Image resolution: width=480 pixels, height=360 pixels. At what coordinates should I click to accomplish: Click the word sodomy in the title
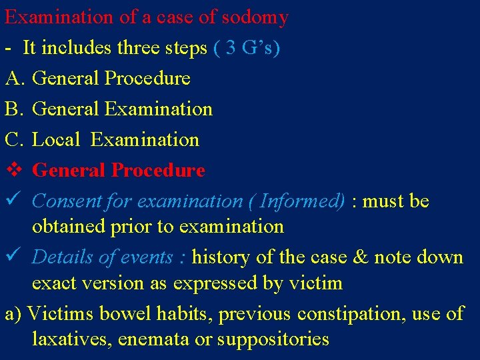pos(255,17)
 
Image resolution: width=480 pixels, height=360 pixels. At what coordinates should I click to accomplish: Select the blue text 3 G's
pos(248,48)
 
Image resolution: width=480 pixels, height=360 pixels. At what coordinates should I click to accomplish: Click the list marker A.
pos(14,79)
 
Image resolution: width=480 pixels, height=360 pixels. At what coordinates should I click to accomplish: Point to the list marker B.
pos(13,109)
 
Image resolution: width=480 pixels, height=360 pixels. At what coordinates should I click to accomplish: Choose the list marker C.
pos(13,140)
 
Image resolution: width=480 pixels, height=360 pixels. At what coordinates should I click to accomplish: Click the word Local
pos(56,140)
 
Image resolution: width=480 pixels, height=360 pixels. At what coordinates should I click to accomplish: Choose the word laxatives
pos(71,339)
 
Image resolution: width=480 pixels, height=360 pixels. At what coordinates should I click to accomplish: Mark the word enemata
pos(153,340)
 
